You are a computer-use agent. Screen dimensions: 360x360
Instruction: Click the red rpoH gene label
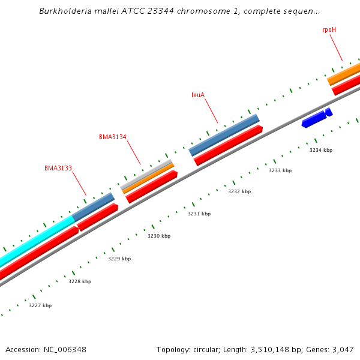(329, 29)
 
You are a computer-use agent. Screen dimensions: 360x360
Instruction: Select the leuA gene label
(198, 95)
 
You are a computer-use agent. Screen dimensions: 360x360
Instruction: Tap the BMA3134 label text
(113, 137)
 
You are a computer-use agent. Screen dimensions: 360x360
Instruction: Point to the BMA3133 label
(58, 168)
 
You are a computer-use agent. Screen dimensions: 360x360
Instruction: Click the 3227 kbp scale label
(40, 305)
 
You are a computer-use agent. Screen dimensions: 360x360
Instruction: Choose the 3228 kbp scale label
(80, 281)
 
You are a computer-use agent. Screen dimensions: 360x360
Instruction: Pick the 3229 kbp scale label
(119, 259)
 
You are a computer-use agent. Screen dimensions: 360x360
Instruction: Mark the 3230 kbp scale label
(159, 236)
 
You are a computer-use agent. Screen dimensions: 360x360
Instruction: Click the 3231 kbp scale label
(199, 214)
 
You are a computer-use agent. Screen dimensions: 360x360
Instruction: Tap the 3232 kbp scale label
(239, 191)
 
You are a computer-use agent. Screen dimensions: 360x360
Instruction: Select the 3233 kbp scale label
(280, 170)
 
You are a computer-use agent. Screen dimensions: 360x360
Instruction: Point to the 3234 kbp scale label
(321, 150)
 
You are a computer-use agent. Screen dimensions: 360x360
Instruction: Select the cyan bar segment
(36, 241)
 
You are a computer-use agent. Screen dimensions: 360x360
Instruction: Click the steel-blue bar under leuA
(224, 135)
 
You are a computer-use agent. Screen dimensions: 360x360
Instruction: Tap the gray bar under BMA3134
(147, 173)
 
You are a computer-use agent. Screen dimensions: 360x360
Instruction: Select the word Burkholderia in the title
(64, 11)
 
